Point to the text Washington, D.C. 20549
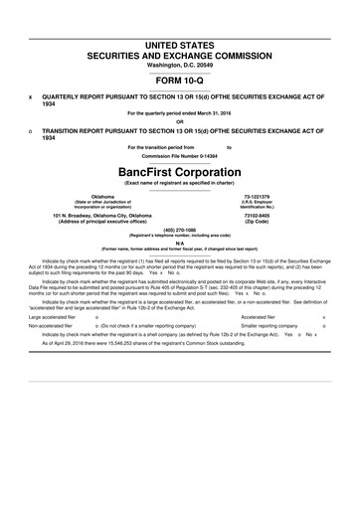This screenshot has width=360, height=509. click(x=179, y=41)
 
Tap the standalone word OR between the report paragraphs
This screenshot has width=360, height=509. click(x=179, y=123)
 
